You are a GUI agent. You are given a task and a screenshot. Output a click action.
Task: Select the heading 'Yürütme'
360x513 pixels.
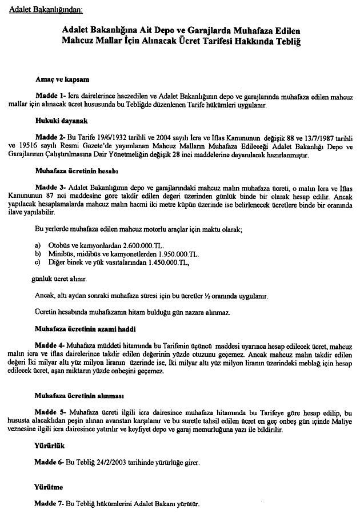(x=48, y=487)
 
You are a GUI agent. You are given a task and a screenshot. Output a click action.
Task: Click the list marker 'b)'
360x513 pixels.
(x=38, y=253)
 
